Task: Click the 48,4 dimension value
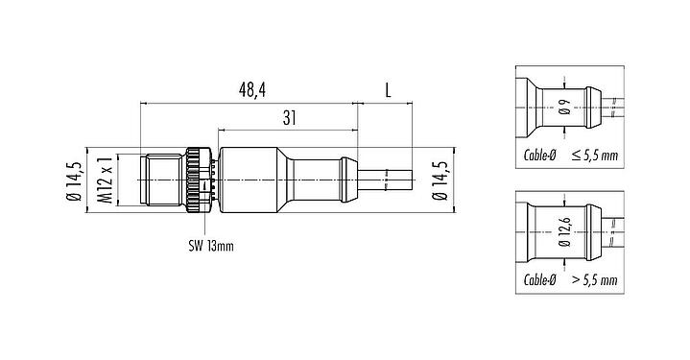coord(252,89)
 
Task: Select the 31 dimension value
coord(287,116)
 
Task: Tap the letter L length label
coord(386,89)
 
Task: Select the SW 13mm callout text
coord(210,245)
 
